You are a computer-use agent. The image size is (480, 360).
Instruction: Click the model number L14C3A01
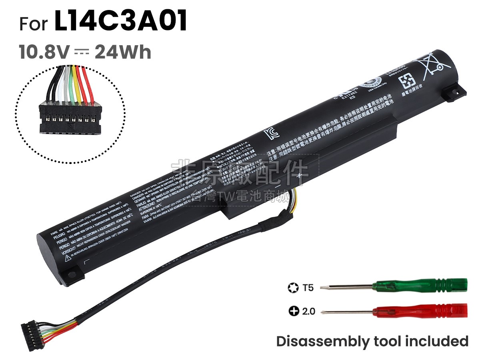pos(120,22)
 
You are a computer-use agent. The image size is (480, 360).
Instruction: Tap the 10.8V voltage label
pos(44,52)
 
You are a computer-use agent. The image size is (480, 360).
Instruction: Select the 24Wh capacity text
pos(123,52)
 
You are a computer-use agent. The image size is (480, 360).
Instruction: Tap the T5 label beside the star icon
pos(308,287)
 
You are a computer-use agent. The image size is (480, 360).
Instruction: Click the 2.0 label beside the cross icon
pos(308,311)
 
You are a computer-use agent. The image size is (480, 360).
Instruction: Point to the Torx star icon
pos(292,287)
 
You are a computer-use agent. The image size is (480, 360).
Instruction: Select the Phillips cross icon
pos(293,311)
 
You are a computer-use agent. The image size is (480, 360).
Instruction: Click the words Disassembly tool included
pos(372,341)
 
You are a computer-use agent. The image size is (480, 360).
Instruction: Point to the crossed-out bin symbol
pos(429,64)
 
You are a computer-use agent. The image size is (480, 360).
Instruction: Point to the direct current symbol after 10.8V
pos(82,52)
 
